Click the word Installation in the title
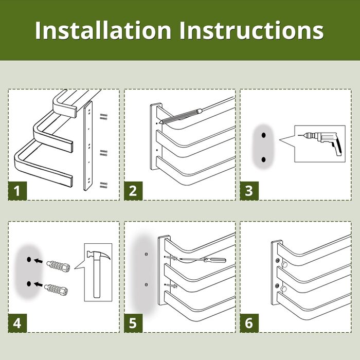click(x=103, y=30)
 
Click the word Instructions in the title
click(x=251, y=30)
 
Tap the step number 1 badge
click(x=17, y=191)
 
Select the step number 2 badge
click(x=133, y=191)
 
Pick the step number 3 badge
click(x=249, y=191)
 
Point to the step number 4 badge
click(x=17, y=323)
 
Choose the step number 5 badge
click(x=133, y=323)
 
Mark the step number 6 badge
click(x=249, y=323)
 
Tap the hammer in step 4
click(x=97, y=273)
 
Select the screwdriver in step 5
click(x=202, y=260)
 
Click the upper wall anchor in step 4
click(x=58, y=266)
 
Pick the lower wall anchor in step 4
click(x=56, y=290)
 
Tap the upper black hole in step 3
click(x=263, y=135)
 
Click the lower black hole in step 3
click(x=263, y=159)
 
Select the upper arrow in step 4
click(x=38, y=261)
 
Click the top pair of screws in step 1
click(x=103, y=116)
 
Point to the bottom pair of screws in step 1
click(x=103, y=185)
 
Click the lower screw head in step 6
click(x=277, y=286)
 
